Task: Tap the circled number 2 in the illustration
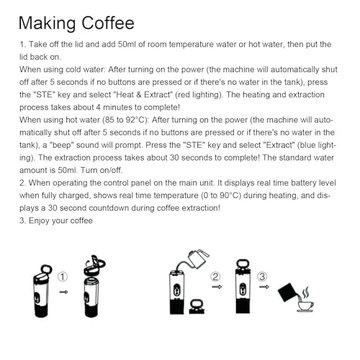[215, 276]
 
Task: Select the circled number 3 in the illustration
[263, 276]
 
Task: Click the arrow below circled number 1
[63, 292]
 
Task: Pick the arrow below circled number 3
[263, 287]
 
